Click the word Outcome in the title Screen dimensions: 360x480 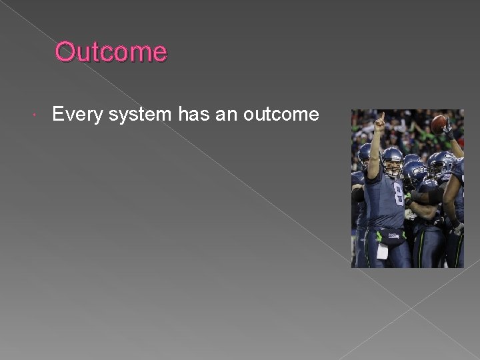point(111,51)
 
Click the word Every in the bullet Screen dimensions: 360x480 point(73,115)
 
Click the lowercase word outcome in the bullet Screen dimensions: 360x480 point(281,115)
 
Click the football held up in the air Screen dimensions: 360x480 point(439,123)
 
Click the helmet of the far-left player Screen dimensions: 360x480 point(364,155)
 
